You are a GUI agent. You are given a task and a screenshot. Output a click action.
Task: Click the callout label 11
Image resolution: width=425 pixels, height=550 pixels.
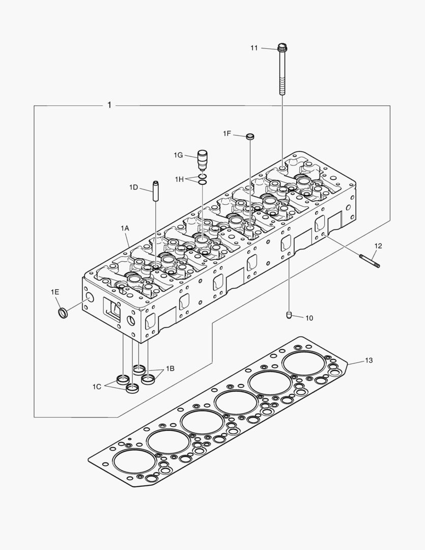[x=254, y=48]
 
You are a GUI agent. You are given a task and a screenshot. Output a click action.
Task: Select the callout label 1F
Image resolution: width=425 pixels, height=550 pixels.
[x=227, y=133]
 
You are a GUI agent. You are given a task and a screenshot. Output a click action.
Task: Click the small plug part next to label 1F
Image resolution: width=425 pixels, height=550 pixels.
[x=249, y=136]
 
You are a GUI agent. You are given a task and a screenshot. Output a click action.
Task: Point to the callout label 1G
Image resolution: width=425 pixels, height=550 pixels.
[x=178, y=155]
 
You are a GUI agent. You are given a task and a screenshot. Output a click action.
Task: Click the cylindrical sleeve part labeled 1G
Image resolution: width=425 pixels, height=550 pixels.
[x=203, y=160]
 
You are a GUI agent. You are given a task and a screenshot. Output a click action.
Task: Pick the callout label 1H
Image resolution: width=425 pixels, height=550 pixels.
[x=179, y=179]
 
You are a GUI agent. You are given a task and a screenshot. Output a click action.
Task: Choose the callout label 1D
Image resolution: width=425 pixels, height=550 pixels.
[x=133, y=187]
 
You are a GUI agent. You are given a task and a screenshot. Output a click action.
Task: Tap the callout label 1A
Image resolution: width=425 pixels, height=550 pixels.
[x=125, y=229]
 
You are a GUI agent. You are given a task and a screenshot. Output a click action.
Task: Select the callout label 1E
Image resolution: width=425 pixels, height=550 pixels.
[x=55, y=292]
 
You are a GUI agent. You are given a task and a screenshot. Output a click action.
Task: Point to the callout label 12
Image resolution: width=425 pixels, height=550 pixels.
[x=378, y=246]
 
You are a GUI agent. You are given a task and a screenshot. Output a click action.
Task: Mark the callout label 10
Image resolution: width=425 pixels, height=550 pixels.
[x=309, y=318]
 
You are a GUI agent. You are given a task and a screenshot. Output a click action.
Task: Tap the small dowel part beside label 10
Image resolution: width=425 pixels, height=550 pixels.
[x=289, y=315]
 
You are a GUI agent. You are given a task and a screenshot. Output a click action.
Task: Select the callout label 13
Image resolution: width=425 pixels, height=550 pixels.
[x=369, y=361]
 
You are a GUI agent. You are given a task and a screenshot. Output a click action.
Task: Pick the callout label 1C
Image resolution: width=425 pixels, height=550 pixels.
[x=97, y=387]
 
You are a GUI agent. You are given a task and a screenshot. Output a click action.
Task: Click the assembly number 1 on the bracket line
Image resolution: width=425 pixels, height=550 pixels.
[x=109, y=105]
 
